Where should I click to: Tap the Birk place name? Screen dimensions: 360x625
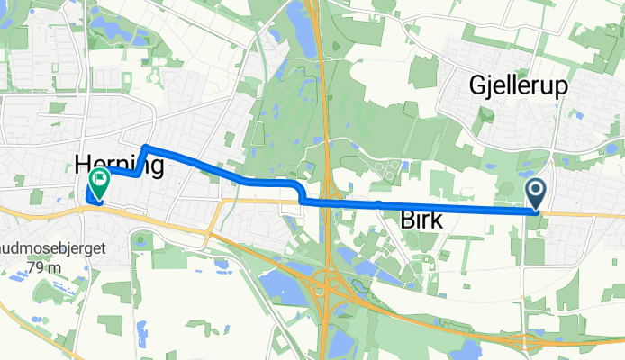coord(417,219)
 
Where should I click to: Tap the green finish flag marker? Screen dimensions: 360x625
coord(96,184)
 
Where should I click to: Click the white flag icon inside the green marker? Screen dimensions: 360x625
coord(96,180)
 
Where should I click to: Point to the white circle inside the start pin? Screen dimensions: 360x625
coord(536,189)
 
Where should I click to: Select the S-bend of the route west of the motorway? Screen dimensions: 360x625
coord(299,192)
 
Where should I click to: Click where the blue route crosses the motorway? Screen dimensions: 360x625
coord(325,202)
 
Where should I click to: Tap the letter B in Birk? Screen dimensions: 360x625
coord(398,219)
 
